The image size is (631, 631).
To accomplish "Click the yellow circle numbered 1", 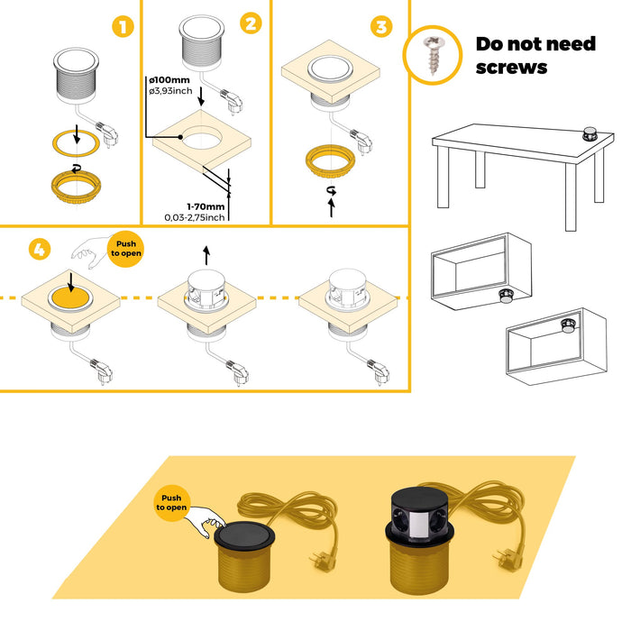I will pos(123,27).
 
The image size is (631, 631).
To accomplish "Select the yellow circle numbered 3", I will pos(382,27).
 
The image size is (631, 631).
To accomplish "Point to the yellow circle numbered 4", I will pos(39,250).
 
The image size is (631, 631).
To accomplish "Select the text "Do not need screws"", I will pos(535,55).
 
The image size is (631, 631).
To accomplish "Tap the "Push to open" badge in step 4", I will pos(126,248).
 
